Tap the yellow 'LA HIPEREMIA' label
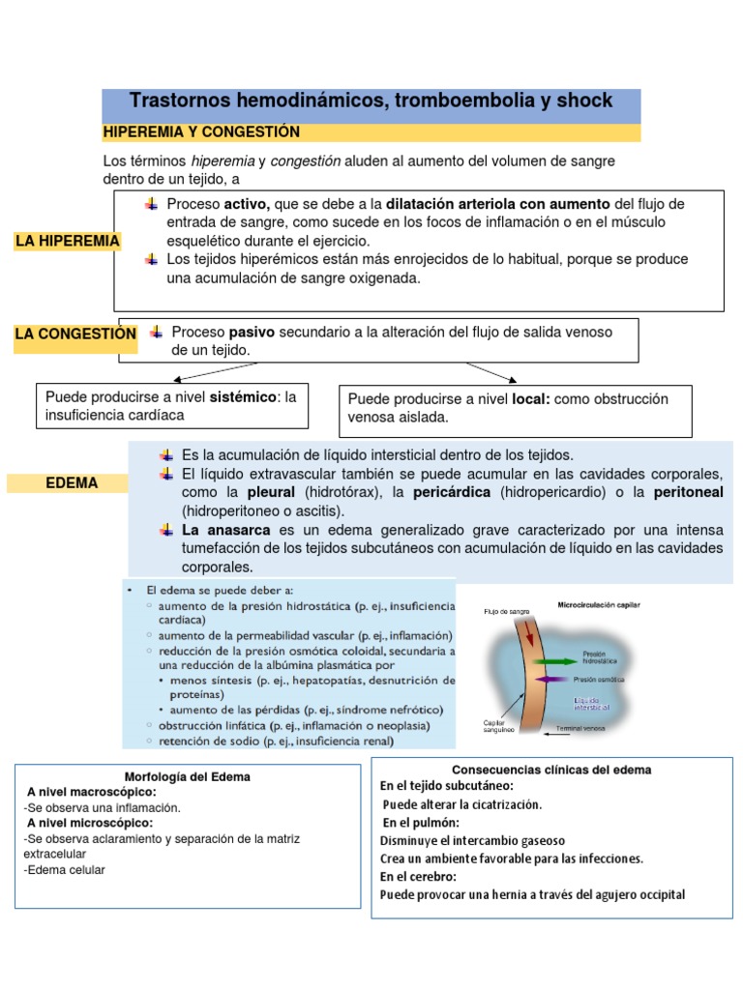pos(67,241)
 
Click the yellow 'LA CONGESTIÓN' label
pos(75,334)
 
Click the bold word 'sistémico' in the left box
pos(242,396)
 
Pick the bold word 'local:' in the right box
pos(530,398)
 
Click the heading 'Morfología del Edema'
pos(188,776)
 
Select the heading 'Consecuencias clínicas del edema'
pos(551,770)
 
